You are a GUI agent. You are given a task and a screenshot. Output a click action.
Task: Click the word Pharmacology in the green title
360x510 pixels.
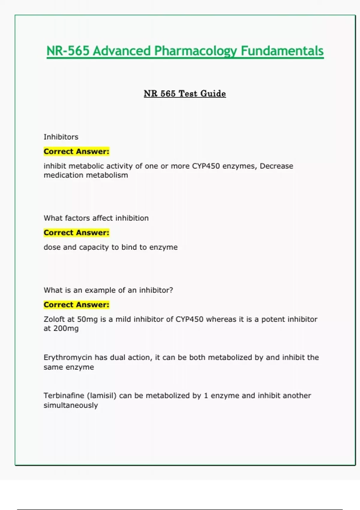pos(195,51)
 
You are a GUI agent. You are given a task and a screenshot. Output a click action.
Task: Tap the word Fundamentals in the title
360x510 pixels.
pos(282,51)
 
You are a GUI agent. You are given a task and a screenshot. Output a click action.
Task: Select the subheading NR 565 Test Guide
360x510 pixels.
pos(185,94)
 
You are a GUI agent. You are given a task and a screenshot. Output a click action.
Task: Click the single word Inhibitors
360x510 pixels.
pos(61,137)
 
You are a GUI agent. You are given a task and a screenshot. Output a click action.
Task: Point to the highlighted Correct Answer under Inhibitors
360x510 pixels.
pos(76,151)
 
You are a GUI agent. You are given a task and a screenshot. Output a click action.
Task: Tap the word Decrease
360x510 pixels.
pos(276,166)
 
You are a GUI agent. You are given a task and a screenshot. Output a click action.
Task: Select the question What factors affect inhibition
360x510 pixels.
pos(96,218)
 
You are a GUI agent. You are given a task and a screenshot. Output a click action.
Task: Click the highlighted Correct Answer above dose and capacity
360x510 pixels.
pos(76,233)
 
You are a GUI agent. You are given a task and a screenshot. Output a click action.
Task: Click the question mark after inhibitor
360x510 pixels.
pos(171,290)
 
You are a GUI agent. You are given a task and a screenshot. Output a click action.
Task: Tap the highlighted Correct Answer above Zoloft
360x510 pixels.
pos(76,305)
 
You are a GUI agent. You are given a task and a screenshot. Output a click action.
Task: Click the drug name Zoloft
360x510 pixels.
pos(54,319)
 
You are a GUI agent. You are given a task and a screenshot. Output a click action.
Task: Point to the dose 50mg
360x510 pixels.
pos(87,319)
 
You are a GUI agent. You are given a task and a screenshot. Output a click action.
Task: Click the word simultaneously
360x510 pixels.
pos(71,405)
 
